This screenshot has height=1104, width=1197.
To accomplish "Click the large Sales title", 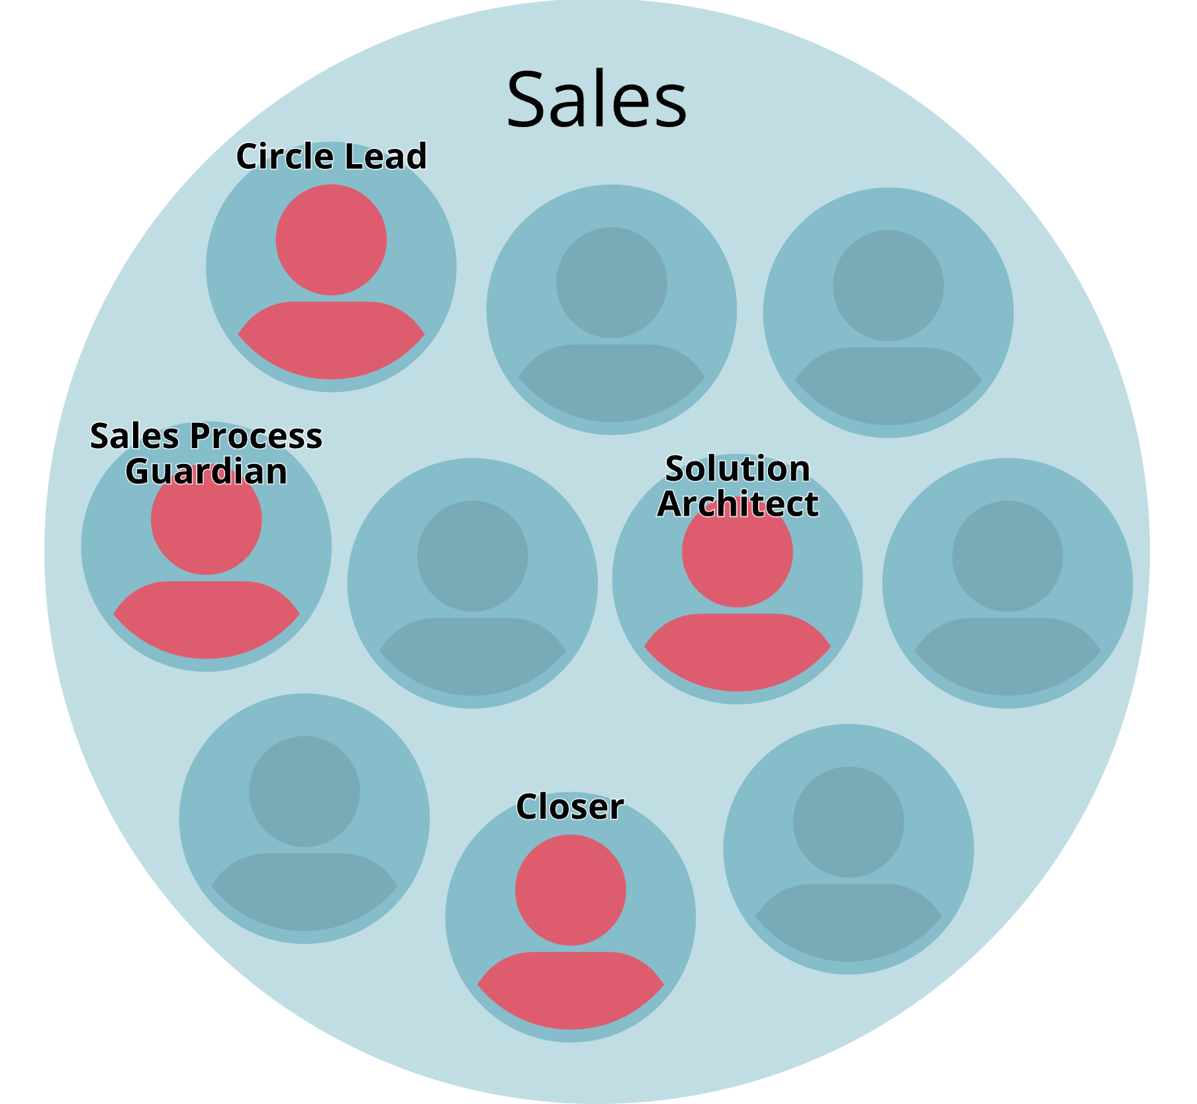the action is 597,101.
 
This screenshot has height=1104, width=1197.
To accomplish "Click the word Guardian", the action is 206,472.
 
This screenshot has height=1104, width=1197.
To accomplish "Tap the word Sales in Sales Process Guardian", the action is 134,437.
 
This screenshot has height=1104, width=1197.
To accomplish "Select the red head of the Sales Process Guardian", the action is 206,529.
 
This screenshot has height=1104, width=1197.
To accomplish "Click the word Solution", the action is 738,469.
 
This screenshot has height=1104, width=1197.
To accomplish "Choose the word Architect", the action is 738,504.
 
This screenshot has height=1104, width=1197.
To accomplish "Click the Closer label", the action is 569,807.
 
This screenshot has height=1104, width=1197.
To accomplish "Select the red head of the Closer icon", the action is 570,890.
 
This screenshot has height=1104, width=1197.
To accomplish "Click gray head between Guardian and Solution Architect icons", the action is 472,556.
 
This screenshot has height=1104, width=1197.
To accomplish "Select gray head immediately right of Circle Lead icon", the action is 611,283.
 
